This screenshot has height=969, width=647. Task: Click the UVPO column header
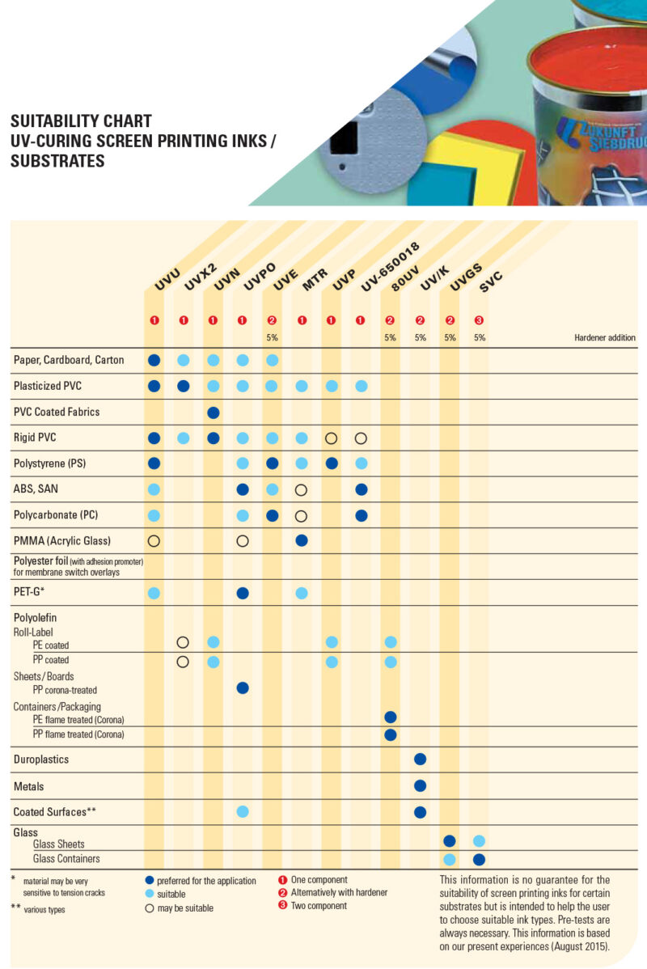[x=260, y=277]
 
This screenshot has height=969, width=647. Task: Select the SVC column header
[x=492, y=282]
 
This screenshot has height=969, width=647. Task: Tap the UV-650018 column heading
[x=381, y=268]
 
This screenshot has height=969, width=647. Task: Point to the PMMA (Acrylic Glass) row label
[x=62, y=540]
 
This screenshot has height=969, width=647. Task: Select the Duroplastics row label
[x=41, y=760]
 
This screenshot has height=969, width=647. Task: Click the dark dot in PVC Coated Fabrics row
[x=214, y=413]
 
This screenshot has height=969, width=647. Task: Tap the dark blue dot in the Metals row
[x=420, y=785]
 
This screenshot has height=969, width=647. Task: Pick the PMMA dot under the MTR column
[x=302, y=540]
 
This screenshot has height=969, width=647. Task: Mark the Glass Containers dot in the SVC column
[x=479, y=859]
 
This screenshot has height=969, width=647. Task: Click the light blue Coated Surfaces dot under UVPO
[x=243, y=811]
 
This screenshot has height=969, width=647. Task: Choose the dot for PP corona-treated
[x=243, y=688]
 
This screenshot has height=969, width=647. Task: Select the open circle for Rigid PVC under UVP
[x=331, y=438]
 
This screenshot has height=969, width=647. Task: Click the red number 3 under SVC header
[x=479, y=320]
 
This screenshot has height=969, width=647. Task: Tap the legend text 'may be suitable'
[x=185, y=908]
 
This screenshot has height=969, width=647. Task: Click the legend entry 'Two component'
[x=319, y=906]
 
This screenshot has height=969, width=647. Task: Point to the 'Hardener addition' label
[x=605, y=338]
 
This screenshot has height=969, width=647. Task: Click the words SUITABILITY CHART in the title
[x=81, y=121]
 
